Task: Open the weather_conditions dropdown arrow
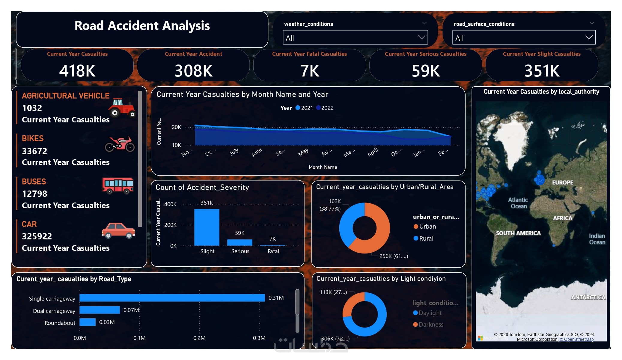[421, 37]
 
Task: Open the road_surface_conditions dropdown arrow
[589, 37]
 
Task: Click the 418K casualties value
[77, 71]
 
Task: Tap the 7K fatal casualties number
[310, 71]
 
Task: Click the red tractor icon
[122, 108]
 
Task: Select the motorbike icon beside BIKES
[120, 144]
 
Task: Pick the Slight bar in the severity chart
[207, 227]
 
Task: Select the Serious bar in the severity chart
[240, 242]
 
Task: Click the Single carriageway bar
[172, 298]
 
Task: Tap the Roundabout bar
[88, 322]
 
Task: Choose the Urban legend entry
[427, 226]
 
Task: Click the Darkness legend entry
[430, 325]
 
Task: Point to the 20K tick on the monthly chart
[176, 127]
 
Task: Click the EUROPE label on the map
[562, 182]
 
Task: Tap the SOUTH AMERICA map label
[518, 233]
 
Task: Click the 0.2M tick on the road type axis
[199, 338]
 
